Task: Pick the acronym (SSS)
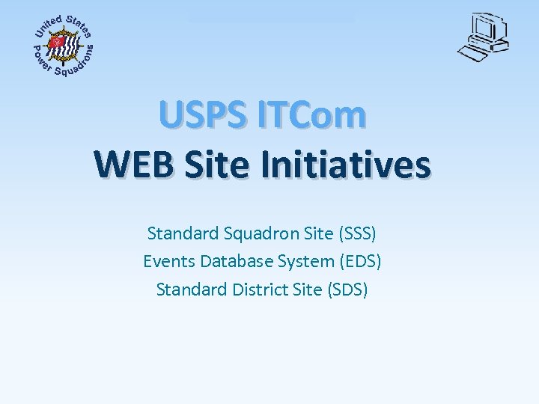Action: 356,233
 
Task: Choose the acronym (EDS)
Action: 360,261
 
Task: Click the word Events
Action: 167,261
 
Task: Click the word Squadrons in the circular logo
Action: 78,63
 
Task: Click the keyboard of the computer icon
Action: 475,54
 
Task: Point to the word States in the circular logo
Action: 79,25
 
